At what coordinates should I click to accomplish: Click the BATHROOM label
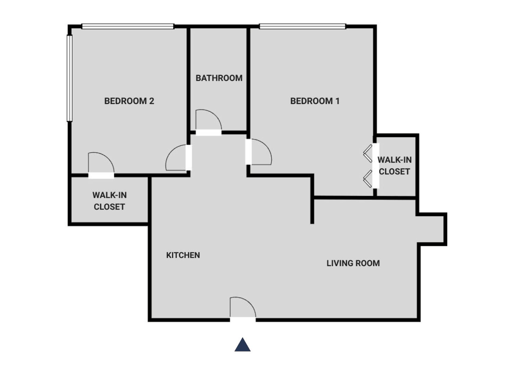pyautogui.click(x=219, y=78)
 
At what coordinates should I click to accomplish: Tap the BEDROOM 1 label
pyautogui.click(x=315, y=101)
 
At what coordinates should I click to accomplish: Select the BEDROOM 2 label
pyautogui.click(x=129, y=101)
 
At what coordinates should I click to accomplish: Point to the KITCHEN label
pyautogui.click(x=183, y=255)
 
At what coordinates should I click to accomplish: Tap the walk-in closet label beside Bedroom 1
pyautogui.click(x=394, y=166)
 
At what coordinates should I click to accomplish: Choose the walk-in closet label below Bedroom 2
pyautogui.click(x=109, y=201)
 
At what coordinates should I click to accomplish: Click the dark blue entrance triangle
pyautogui.click(x=242, y=345)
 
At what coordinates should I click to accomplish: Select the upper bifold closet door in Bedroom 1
pyautogui.click(x=367, y=153)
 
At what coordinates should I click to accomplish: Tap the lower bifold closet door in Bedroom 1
pyautogui.click(x=367, y=179)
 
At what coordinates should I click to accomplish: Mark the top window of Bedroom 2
pyautogui.click(x=128, y=26)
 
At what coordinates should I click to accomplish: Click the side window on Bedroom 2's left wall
pyautogui.click(x=70, y=78)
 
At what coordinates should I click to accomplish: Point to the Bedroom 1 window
pyautogui.click(x=303, y=26)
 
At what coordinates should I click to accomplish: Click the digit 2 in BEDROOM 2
pyautogui.click(x=152, y=101)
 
